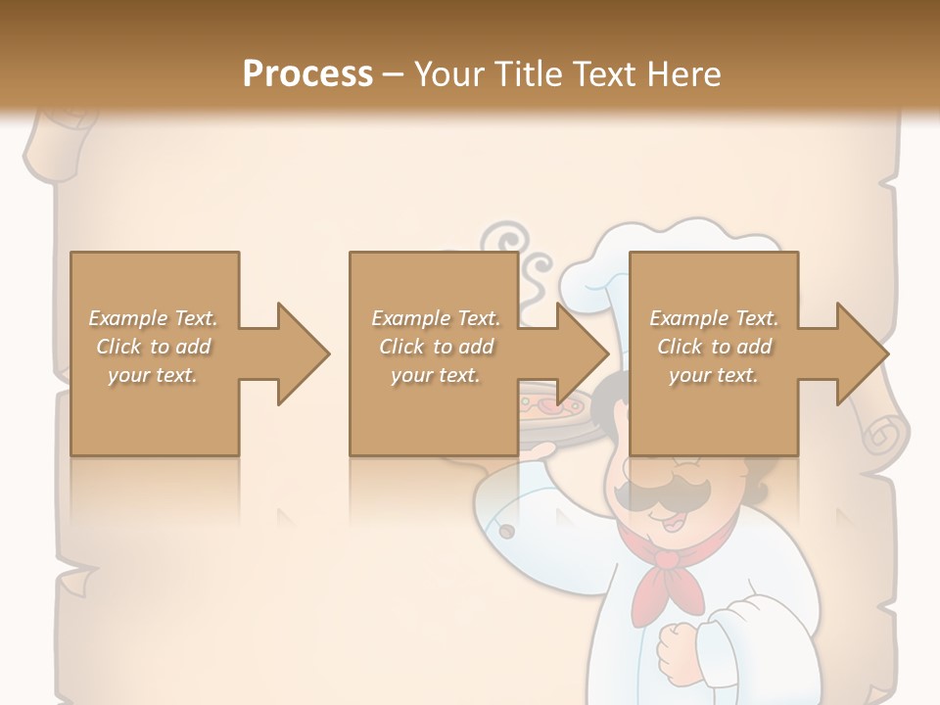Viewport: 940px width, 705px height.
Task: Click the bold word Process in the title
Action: pyautogui.click(x=307, y=73)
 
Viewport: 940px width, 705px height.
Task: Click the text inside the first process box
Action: pyautogui.click(x=154, y=347)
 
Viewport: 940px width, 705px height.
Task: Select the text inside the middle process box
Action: pyautogui.click(x=435, y=347)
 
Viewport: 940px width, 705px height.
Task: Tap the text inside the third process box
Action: pyautogui.click(x=714, y=347)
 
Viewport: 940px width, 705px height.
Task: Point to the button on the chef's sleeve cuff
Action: pyautogui.click(x=508, y=531)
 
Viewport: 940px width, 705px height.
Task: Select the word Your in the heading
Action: pyautogui.click(x=449, y=73)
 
